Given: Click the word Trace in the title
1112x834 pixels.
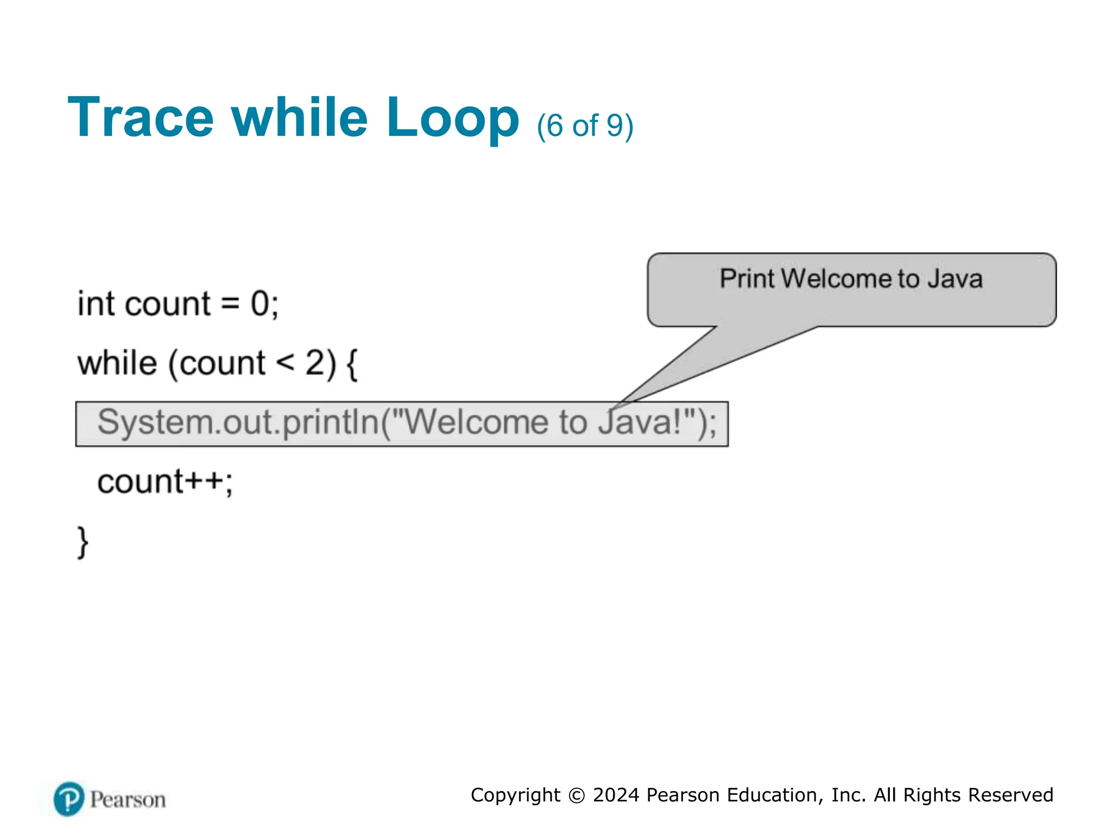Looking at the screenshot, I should (x=141, y=118).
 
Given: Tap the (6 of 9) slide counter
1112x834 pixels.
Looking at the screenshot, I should (x=585, y=126).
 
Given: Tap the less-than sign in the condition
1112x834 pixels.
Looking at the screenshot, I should (x=285, y=363).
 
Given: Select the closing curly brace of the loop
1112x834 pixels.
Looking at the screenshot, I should (x=83, y=542).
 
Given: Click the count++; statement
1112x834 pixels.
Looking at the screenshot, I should (x=165, y=482).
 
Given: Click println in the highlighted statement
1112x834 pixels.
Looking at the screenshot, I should (x=331, y=423).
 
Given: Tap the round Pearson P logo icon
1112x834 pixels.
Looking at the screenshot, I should (x=69, y=799).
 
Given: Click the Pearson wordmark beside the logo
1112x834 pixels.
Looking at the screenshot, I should (x=128, y=800).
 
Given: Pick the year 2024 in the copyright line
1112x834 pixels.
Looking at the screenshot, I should (x=616, y=795).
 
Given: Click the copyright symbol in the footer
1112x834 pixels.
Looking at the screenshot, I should (x=576, y=796).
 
